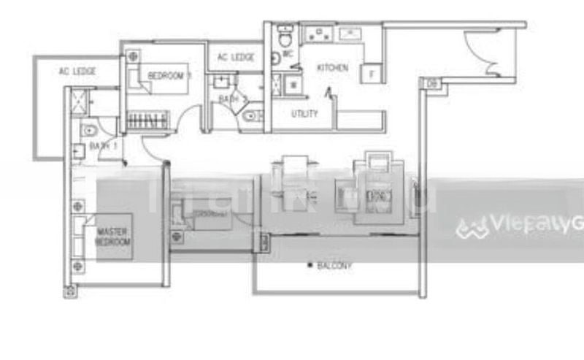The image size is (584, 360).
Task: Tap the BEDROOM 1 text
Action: coord(169,75)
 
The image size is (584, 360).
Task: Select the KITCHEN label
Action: coord(332,68)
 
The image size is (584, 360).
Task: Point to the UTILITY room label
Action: coord(304,114)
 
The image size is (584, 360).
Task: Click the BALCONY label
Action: coord(334,266)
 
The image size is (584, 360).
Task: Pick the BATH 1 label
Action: coord(104,146)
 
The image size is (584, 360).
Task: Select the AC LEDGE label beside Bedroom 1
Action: coord(236,58)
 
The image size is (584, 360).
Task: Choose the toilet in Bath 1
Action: coord(89,130)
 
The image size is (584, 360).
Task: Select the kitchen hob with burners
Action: coord(320,33)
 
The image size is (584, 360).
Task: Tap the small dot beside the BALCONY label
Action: coord(310,264)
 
